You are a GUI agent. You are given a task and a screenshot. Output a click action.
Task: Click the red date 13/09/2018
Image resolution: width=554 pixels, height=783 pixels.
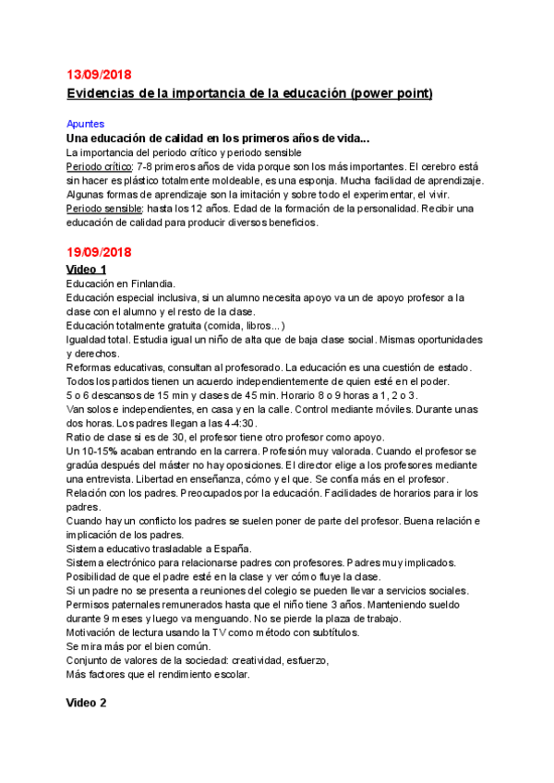(x=100, y=75)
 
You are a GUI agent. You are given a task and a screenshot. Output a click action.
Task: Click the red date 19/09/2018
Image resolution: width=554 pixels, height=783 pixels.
(x=100, y=252)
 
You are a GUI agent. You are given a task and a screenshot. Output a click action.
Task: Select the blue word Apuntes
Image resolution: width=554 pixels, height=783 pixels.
(x=85, y=123)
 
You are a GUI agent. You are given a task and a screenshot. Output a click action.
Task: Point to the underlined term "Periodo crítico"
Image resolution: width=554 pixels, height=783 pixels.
(x=98, y=166)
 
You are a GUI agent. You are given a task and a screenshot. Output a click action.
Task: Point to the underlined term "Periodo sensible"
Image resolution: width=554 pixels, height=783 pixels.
(x=102, y=209)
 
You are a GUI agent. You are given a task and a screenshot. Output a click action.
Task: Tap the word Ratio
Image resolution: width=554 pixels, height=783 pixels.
(x=81, y=437)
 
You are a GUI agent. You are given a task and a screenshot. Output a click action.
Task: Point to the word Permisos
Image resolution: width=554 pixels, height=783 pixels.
(x=90, y=604)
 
